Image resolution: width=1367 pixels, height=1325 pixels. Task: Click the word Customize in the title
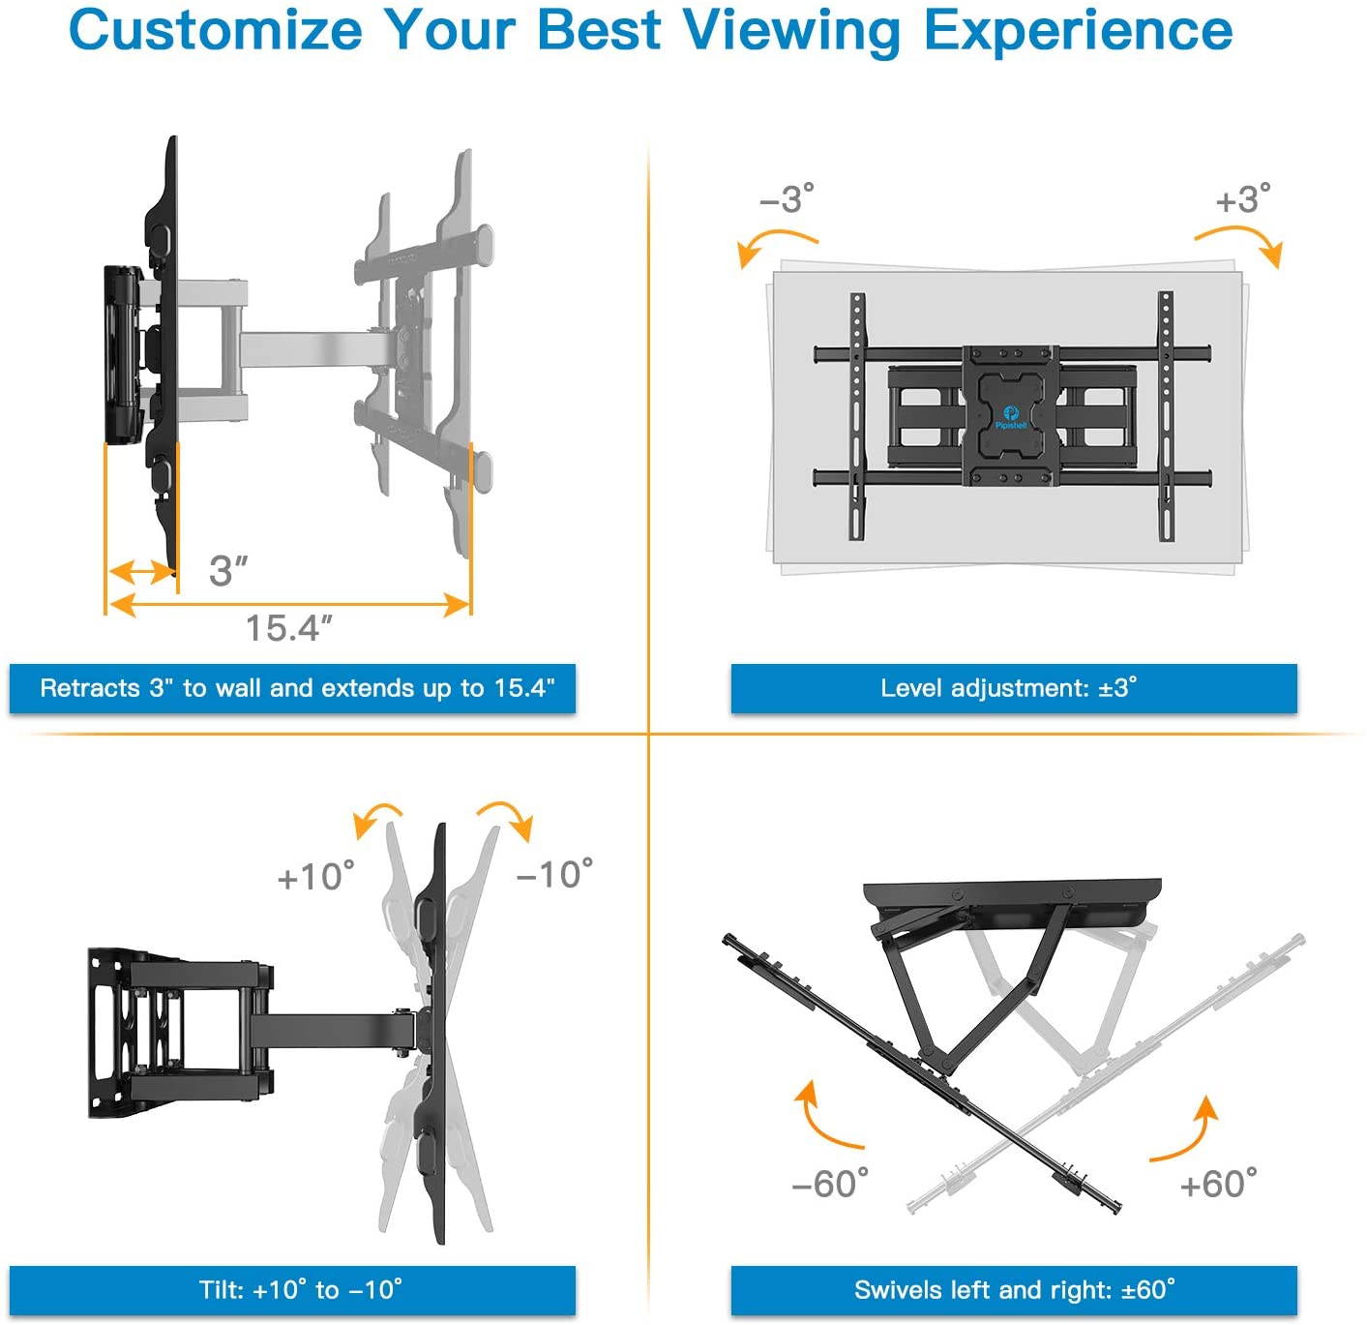[x=215, y=31]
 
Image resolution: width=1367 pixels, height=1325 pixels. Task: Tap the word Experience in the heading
[x=1078, y=31]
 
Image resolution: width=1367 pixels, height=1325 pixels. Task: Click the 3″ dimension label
[x=228, y=570]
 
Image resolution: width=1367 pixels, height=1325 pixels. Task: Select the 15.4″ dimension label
[x=288, y=628]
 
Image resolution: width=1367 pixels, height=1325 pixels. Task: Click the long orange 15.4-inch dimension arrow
[x=288, y=606]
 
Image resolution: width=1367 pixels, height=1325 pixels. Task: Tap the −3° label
[x=787, y=198]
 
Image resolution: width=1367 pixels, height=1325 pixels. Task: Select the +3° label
[x=1243, y=198]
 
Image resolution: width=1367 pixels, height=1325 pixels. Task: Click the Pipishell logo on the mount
[x=1011, y=417]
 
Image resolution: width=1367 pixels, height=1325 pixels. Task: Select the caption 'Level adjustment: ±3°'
[x=1013, y=688]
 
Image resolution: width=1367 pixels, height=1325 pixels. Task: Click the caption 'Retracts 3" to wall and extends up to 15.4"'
[x=292, y=688]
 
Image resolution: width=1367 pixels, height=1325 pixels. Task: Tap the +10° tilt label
[x=315, y=876]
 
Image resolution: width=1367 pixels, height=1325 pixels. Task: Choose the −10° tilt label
[x=554, y=874]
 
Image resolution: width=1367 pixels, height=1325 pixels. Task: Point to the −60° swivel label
[x=829, y=1183]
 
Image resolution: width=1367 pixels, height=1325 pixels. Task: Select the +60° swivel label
[x=1218, y=1183]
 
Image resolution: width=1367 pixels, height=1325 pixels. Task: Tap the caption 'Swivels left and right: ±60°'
[x=1013, y=1290]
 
